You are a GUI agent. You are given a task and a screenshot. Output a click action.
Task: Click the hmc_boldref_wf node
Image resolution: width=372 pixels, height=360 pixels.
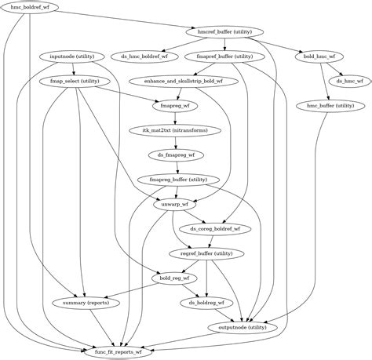click(29, 7)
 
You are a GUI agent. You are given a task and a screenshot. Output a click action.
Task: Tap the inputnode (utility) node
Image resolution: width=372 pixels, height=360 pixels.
click(72, 56)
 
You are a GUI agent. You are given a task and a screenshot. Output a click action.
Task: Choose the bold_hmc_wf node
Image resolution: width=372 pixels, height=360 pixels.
click(319, 56)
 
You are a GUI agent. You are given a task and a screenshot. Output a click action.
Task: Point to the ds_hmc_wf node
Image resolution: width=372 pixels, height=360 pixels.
click(344, 81)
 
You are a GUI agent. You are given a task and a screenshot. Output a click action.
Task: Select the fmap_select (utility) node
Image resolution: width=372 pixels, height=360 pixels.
click(74, 81)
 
